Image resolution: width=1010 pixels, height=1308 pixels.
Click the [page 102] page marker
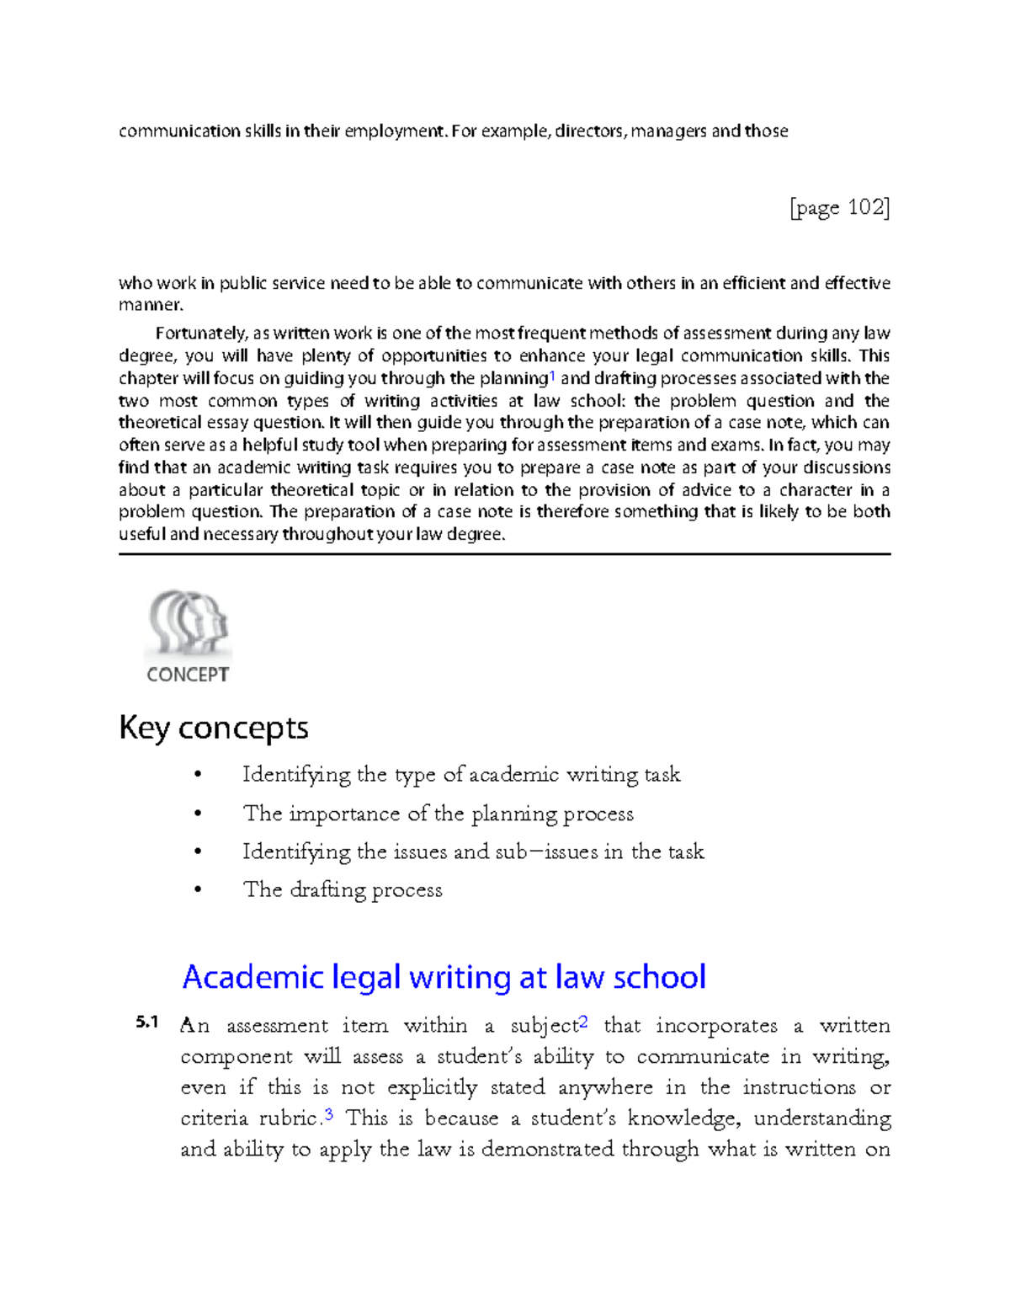pos(839,207)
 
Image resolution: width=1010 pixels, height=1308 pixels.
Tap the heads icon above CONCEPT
pos(189,622)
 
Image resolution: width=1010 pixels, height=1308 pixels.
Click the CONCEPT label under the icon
pos(188,675)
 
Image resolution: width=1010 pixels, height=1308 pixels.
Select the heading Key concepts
pos(214,728)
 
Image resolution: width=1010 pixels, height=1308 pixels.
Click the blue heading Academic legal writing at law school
pos(444,977)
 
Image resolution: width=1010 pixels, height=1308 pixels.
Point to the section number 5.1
pos(146,1022)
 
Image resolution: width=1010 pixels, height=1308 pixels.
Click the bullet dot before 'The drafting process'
pos(198,890)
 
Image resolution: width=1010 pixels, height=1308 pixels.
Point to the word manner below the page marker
pos(149,305)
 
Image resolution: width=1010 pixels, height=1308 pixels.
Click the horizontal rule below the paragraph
pos(504,554)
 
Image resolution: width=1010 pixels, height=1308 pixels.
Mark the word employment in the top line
pos(394,131)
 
